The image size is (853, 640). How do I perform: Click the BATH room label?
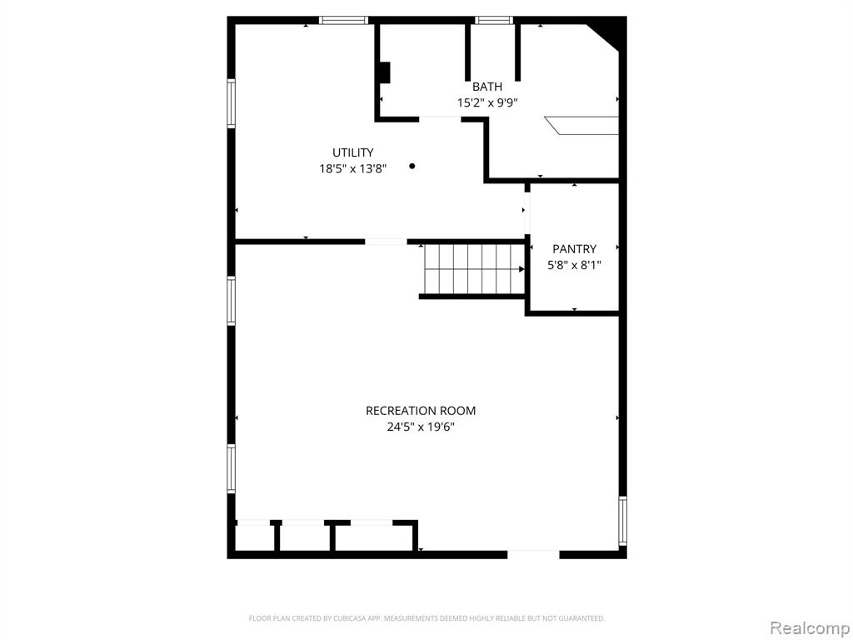click(486, 87)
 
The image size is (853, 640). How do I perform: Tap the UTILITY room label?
click(353, 152)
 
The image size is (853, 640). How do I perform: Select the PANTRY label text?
click(575, 248)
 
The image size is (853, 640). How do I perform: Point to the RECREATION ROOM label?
click(421, 410)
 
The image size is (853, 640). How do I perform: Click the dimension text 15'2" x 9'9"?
click(486, 102)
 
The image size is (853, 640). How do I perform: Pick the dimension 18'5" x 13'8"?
click(353, 168)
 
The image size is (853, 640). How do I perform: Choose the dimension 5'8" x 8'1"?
click(575, 265)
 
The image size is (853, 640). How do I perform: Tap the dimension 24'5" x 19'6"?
click(421, 427)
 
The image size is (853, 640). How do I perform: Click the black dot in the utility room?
click(412, 166)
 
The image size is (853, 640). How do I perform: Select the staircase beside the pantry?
click(474, 269)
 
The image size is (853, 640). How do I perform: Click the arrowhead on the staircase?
click(521, 269)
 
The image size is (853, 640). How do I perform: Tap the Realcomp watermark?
click(810, 628)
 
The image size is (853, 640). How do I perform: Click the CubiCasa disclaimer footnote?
click(426, 618)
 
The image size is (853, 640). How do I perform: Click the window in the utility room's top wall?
click(343, 21)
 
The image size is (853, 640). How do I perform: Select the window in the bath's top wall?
click(494, 21)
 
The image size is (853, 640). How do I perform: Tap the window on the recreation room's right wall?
click(623, 521)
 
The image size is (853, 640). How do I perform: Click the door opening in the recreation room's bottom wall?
click(533, 554)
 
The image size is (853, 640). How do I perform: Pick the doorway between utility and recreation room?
click(386, 242)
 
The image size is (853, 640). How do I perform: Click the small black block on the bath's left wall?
click(385, 73)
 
